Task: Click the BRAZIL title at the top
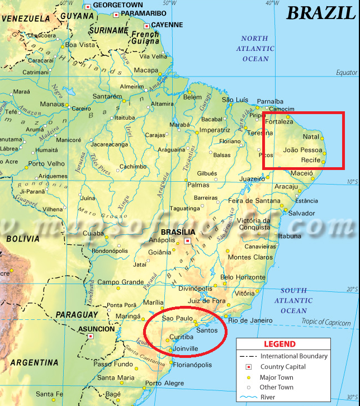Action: coord(321,12)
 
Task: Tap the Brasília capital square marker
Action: coord(187,241)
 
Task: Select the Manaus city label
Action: coord(52,104)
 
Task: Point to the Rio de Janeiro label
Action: coord(249,320)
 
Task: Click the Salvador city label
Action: coord(301,214)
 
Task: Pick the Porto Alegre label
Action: coord(164,383)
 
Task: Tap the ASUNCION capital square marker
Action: coord(90,337)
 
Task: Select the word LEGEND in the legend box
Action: coord(280,344)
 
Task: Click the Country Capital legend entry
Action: coord(283,367)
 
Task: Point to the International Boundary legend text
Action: coord(294,356)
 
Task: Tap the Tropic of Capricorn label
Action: coord(326,323)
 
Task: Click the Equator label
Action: coord(346,73)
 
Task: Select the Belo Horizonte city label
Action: coord(243,277)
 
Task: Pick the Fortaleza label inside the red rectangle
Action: coord(280,121)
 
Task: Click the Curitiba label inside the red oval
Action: coord(181,337)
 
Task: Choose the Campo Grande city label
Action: coord(121,282)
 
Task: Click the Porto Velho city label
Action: coord(47,164)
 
